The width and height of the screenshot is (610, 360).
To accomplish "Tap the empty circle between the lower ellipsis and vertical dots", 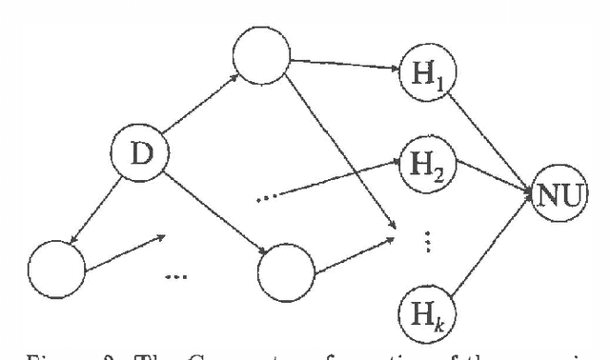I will pyautogui.click(x=287, y=269).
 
